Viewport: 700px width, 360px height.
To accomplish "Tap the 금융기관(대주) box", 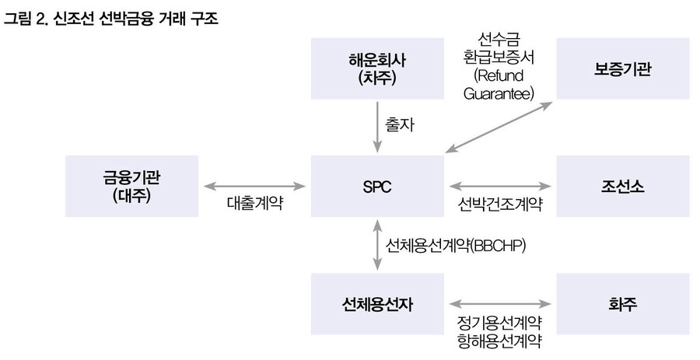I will click(x=134, y=187).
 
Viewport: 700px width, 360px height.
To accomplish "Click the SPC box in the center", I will click(x=377, y=187).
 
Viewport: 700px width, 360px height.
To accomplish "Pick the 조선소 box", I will click(x=622, y=187).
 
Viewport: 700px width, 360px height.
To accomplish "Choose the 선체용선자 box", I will click(x=377, y=304).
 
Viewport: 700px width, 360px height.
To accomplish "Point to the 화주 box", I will click(x=622, y=304).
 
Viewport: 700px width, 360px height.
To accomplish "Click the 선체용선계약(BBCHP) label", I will click(x=456, y=246).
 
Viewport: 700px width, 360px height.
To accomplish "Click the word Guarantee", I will click(x=499, y=93).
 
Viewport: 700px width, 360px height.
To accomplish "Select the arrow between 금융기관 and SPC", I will click(x=254, y=187).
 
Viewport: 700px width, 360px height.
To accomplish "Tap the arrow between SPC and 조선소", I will click(x=499, y=187).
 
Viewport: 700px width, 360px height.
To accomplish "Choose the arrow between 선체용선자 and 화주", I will click(x=499, y=304).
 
